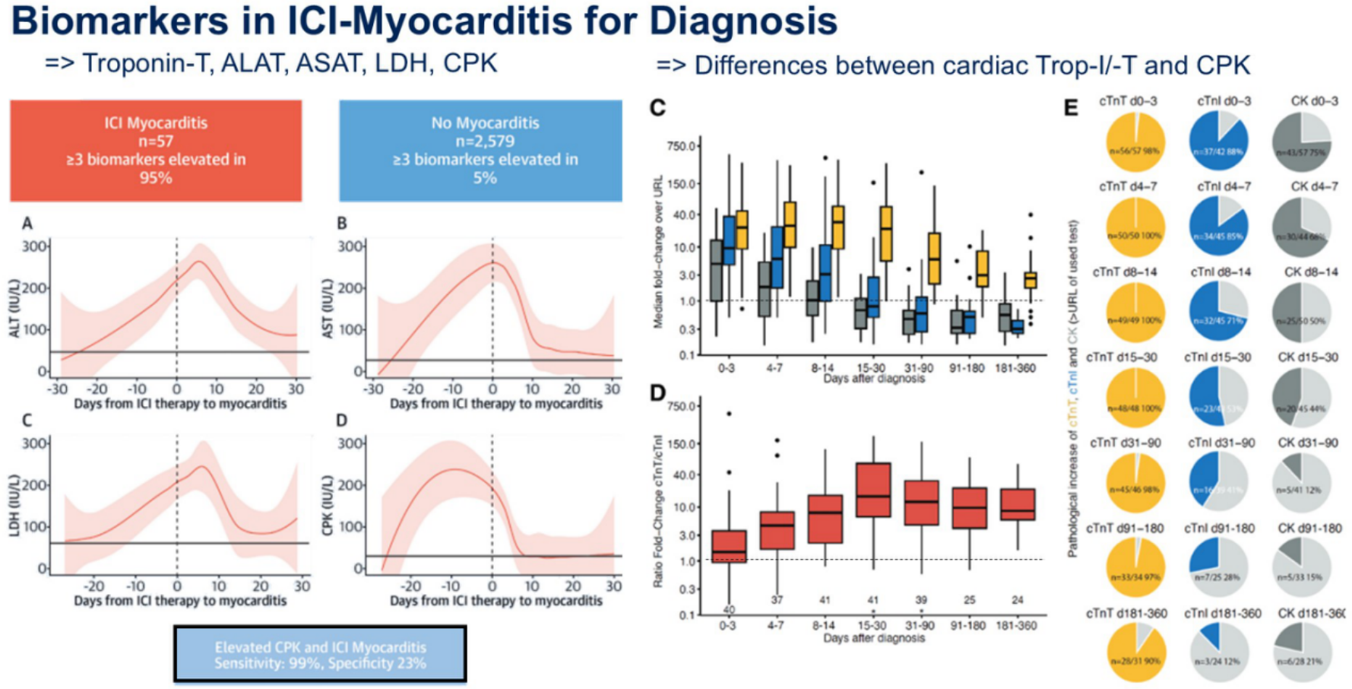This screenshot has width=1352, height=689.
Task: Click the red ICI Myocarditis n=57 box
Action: click(x=156, y=150)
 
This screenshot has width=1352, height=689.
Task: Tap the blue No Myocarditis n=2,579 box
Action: click(x=480, y=150)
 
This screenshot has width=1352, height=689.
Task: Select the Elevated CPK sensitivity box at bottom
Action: click(x=320, y=655)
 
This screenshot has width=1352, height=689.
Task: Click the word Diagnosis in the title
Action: click(x=742, y=21)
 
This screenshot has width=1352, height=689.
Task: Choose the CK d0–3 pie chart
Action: click(x=1301, y=141)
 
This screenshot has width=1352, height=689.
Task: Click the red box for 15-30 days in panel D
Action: click(x=872, y=490)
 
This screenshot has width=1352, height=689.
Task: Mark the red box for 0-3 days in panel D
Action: click(x=729, y=546)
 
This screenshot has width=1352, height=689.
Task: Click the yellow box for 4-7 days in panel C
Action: click(x=790, y=224)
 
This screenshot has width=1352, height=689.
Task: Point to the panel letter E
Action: click(x=1071, y=108)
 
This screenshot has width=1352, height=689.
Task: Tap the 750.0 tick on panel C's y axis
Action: click(x=681, y=146)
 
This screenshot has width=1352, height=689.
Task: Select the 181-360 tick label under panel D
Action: click(x=1016, y=625)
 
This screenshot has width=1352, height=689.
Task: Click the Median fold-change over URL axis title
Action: click(x=658, y=252)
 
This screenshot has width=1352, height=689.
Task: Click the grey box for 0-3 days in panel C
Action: click(x=715, y=270)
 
